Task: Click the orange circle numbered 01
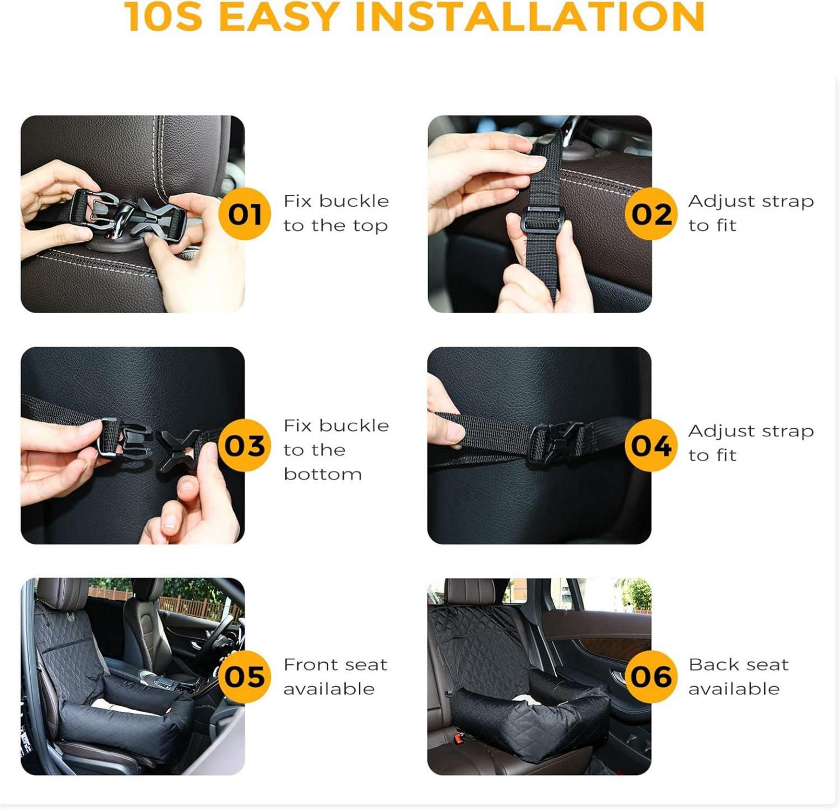(x=245, y=214)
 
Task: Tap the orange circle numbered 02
(x=651, y=214)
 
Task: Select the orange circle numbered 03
(x=245, y=446)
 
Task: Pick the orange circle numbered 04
(x=651, y=446)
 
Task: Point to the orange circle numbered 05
(x=245, y=677)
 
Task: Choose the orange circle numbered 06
(x=651, y=677)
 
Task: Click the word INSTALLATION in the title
(x=530, y=17)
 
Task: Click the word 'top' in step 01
(x=370, y=226)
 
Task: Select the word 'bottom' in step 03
(x=323, y=474)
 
